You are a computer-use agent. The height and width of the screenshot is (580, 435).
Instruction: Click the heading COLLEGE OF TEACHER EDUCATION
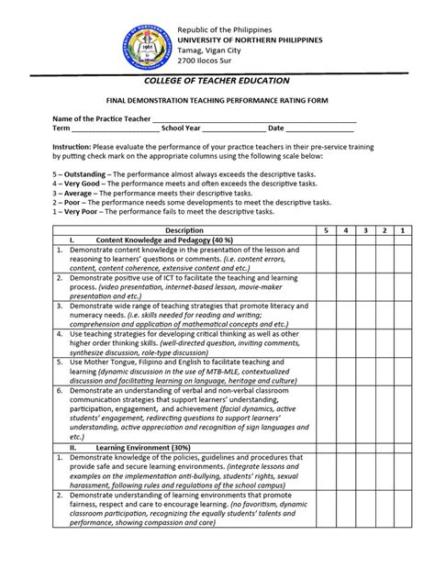coord(217,81)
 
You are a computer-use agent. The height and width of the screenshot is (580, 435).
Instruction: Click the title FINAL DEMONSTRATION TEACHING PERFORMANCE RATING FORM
coord(217,101)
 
